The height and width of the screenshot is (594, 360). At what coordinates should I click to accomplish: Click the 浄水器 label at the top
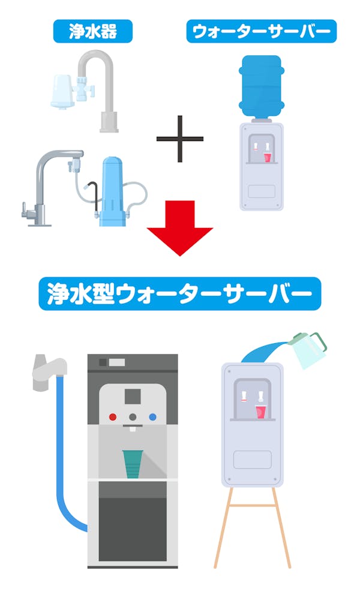point(93,31)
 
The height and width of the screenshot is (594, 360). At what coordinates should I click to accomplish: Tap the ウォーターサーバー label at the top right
point(261,31)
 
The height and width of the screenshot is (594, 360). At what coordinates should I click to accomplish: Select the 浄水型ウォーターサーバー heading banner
point(179,293)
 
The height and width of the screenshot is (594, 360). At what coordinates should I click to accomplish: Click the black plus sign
point(180,139)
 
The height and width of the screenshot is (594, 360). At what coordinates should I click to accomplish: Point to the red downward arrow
point(180,228)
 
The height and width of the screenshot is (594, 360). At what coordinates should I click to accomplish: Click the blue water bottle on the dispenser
point(262,86)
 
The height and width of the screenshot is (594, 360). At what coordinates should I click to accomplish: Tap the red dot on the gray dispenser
point(113,417)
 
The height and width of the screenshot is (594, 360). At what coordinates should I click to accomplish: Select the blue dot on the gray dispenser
point(153,417)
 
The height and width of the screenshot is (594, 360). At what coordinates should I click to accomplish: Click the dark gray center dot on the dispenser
point(133,417)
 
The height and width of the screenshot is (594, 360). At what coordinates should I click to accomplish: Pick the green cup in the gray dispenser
point(133,464)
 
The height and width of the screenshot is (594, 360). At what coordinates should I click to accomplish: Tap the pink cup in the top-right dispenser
point(268,157)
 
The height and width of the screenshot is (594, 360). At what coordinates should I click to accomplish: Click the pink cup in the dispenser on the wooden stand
point(261,412)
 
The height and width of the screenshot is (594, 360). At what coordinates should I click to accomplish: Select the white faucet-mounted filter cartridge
point(62,91)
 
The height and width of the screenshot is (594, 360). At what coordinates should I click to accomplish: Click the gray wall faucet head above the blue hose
point(49,371)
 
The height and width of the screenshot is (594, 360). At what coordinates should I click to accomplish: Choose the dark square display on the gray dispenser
point(133,396)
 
